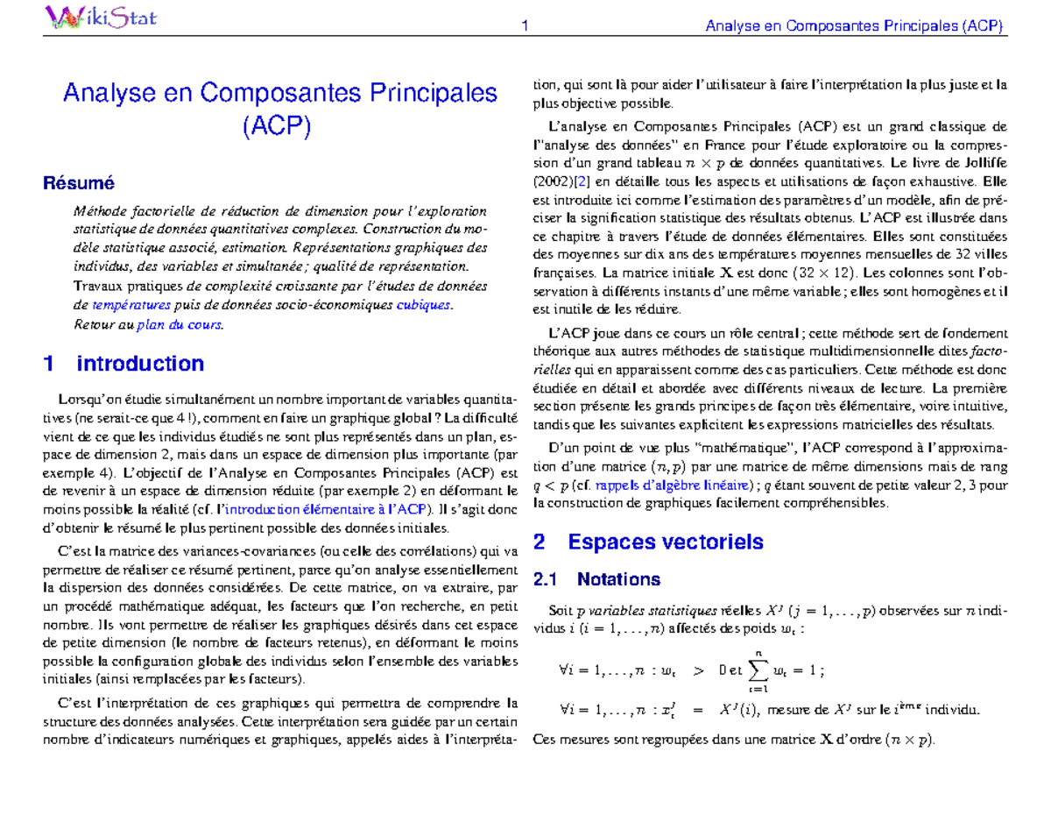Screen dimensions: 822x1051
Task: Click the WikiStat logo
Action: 100,17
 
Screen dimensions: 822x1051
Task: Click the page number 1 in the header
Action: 523,26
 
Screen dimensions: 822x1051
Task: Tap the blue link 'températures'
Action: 130,305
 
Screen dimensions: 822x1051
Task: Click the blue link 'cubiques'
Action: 424,305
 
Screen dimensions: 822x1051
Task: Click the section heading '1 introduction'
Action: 123,364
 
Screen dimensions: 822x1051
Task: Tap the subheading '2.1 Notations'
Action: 596,579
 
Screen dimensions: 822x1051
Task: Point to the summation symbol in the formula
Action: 758,670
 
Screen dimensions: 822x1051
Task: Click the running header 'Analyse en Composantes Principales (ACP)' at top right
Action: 854,26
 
